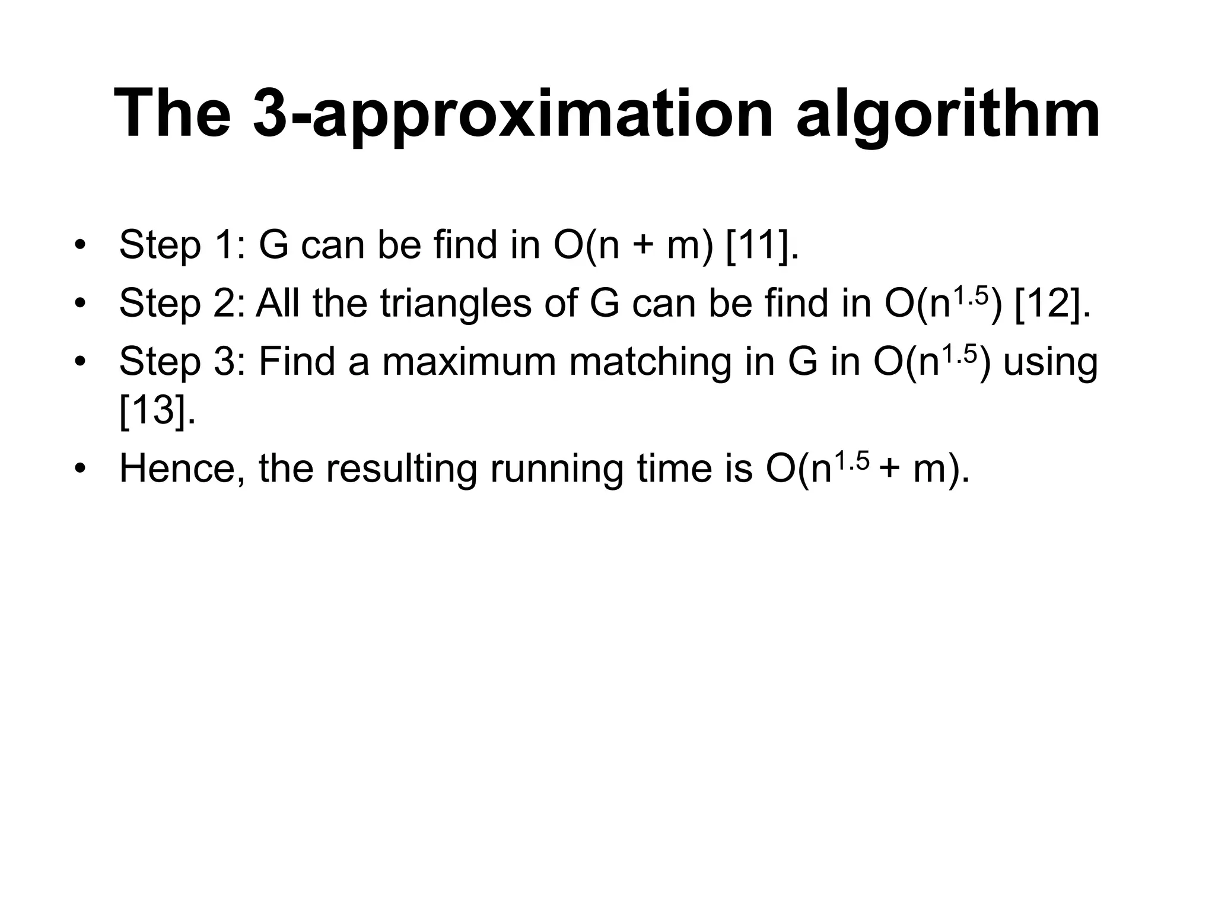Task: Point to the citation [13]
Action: (157, 410)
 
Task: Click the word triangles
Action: (456, 304)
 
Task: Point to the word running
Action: (557, 469)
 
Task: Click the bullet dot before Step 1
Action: (80, 245)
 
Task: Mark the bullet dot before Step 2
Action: (80, 304)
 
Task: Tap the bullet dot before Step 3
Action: (80, 362)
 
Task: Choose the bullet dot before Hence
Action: (80, 469)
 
